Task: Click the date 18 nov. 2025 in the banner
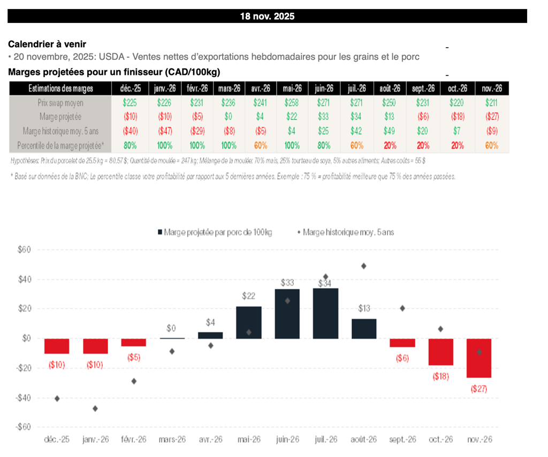pos(267,16)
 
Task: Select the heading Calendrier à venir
pos(47,44)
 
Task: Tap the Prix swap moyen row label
pos(60,103)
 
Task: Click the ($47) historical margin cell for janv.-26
pos(164,131)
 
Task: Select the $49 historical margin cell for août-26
pos(390,131)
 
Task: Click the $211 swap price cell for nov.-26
pos(492,103)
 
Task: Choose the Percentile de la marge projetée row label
pos(60,145)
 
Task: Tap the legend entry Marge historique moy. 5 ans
pos(346,232)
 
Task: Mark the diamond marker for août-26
pos(364,266)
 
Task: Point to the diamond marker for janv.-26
pos(95,408)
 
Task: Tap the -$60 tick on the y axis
pos(24,427)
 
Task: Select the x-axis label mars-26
pos(172,439)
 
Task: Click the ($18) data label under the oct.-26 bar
pos(440,376)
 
